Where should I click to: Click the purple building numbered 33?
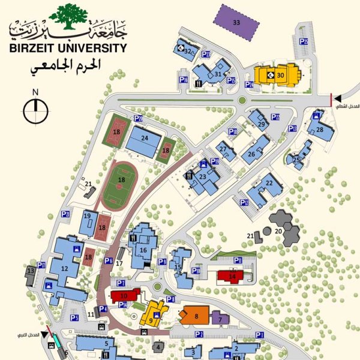[237, 23]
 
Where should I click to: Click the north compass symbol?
[35, 109]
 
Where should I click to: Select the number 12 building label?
[64, 268]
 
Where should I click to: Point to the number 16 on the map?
[143, 250]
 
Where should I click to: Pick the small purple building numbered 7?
[220, 319]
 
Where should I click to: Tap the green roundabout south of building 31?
[242, 101]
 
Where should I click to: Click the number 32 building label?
[188, 52]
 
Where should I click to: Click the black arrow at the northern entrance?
[338, 98]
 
